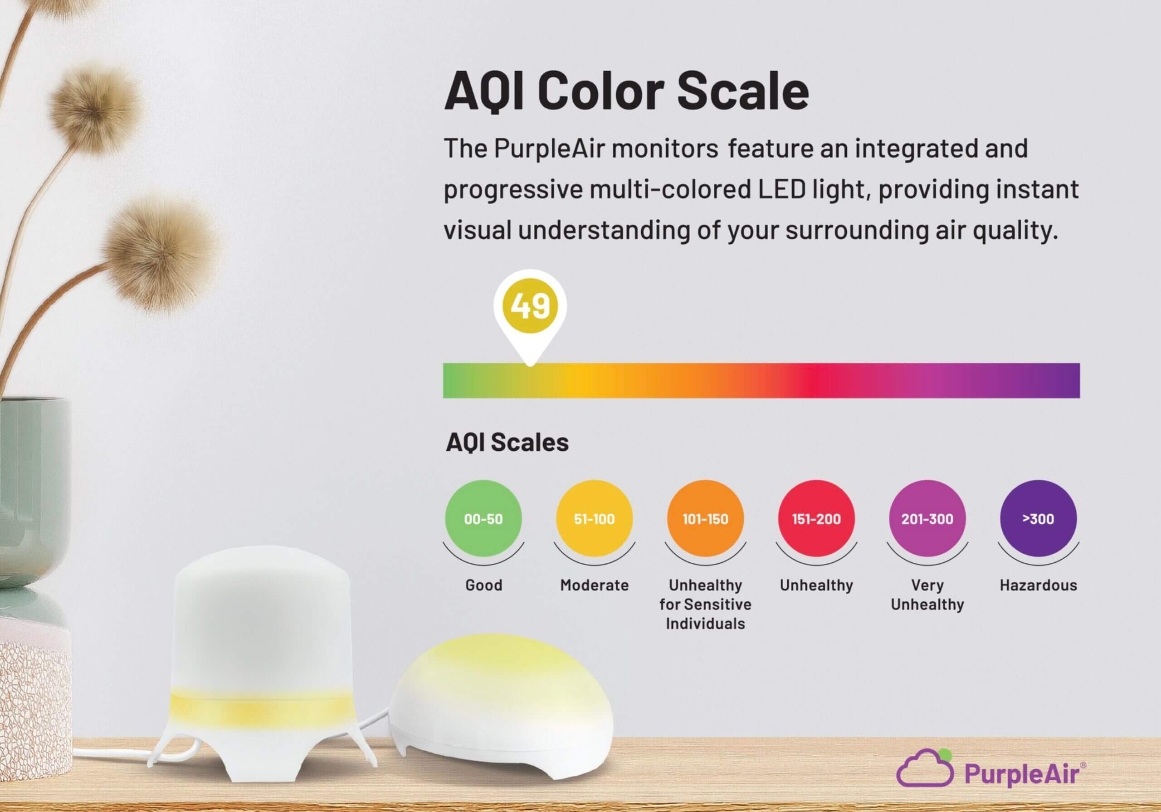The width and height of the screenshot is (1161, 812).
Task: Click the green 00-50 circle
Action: coord(483,519)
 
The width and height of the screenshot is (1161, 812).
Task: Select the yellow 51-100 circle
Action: coord(594,519)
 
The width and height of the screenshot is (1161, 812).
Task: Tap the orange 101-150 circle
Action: coord(705,519)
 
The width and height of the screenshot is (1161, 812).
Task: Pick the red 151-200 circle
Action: coord(816,519)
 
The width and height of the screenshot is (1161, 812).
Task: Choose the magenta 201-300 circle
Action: coord(927,519)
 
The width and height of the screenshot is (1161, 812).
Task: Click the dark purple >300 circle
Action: coord(1038,519)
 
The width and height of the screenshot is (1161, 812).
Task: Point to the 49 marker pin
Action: coord(530,306)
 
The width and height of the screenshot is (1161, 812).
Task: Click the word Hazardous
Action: coord(1038,586)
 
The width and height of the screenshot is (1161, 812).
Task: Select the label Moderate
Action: coord(594,586)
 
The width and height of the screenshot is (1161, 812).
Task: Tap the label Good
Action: coord(483,586)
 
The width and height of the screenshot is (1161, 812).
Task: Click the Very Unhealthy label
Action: coord(927,595)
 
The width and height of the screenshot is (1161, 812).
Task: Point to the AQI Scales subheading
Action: coord(507,443)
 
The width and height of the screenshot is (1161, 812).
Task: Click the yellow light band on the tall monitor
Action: coord(260,707)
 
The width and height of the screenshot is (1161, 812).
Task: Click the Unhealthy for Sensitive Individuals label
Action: coord(705,604)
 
